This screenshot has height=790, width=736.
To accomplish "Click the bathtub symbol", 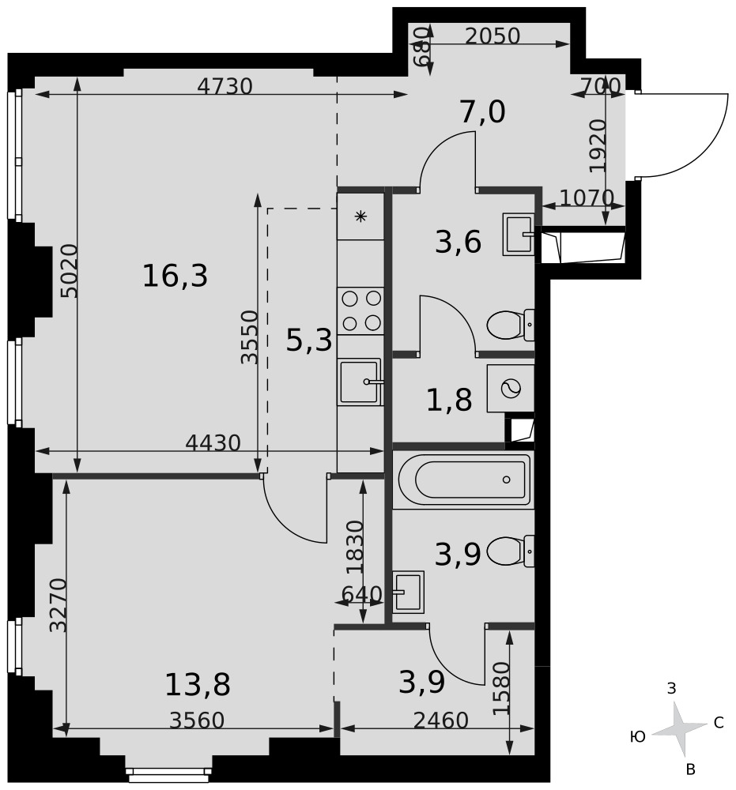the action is pos(464,480).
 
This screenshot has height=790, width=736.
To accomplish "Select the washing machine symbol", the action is pos(511,388).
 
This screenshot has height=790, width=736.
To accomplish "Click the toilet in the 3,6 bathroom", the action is pos(511,325).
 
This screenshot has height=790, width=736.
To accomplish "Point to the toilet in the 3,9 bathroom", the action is pos(511,551).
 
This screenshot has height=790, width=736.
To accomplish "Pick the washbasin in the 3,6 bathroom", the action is pos(519,235).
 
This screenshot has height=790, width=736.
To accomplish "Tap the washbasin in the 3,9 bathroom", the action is pos(409,592).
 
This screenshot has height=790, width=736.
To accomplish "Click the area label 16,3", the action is pos(175,276).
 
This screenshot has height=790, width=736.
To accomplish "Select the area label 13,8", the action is pos(198,684).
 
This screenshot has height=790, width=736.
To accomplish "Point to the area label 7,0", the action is pos(482,112).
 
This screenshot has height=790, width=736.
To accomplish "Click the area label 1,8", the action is pos(449,400).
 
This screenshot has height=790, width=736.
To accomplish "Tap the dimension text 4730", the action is pos(225,87).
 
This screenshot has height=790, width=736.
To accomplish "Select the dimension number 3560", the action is pos(197,720).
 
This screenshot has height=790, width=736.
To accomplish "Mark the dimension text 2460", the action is pos(441,720).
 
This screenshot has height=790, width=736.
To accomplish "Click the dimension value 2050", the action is pos(493,36).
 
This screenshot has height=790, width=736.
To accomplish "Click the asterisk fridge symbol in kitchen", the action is pos(360,216).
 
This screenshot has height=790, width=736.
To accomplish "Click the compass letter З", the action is pos(671,688).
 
